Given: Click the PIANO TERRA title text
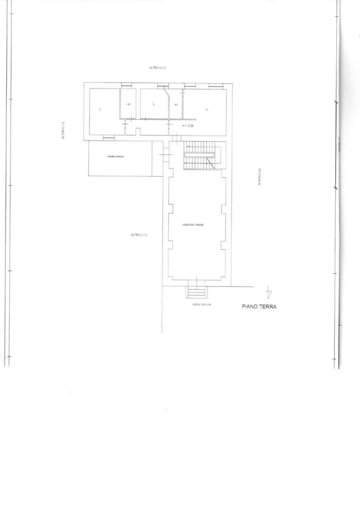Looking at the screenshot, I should tap(259, 307).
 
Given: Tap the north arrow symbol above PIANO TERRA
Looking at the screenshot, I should tap(269, 292).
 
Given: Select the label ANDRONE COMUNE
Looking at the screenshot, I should tap(193, 225).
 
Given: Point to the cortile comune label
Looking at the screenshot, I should tap(202, 304).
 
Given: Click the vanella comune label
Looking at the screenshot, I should tap(115, 157).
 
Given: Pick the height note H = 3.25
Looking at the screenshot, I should tap(188, 126).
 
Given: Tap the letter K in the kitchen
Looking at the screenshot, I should tap(207, 109).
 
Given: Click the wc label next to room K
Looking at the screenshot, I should tap(176, 104).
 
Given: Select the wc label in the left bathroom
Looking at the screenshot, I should tap(129, 104).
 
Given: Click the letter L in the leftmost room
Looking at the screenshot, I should tap(101, 108).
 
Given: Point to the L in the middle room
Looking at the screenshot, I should tap(153, 104).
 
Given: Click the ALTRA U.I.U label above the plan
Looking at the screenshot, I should tap(157, 68).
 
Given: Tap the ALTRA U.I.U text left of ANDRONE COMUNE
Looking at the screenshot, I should tap(139, 235).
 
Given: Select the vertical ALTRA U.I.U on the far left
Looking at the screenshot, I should tap(63, 130).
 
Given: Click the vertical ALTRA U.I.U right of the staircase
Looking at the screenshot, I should tap(259, 177).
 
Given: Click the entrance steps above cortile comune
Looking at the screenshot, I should tap(197, 292).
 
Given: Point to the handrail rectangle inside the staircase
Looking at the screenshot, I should tap(200, 155).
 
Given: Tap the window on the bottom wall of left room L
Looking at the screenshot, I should tap(109, 138).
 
